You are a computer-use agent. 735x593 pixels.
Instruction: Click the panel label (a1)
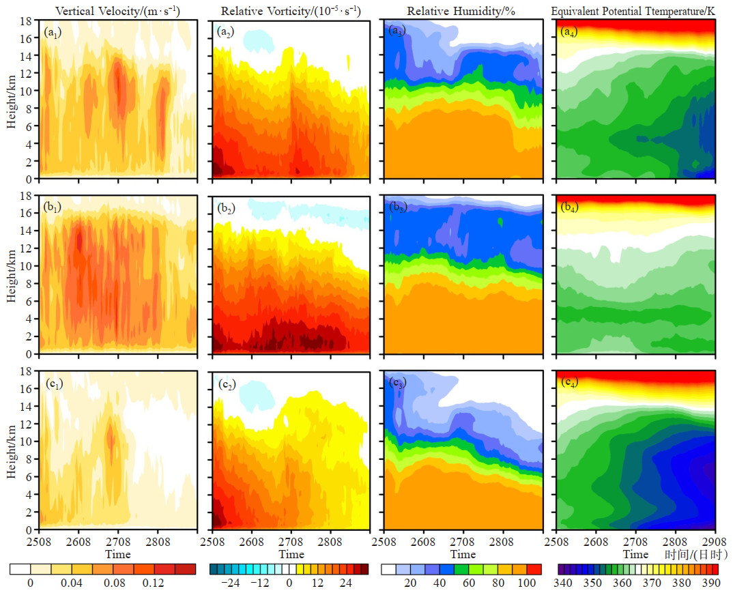[53, 32]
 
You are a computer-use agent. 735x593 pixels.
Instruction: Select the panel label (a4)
[570, 31]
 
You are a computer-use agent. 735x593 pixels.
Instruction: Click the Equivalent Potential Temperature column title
[634, 11]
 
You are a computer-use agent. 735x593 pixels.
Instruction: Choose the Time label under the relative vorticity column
[291, 553]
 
